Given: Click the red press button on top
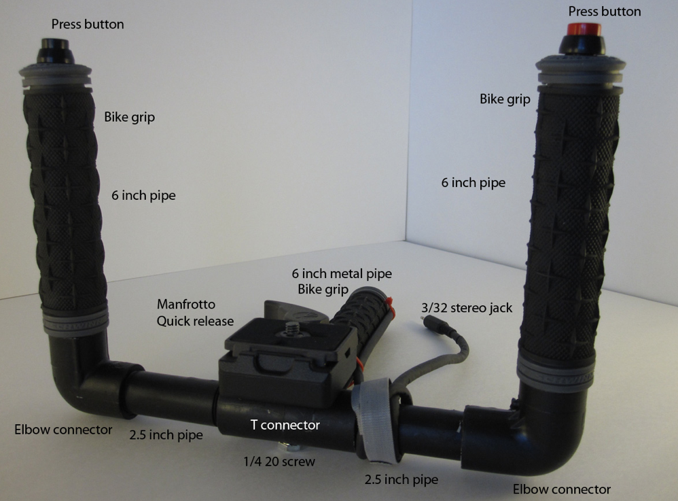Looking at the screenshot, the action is coord(584,29).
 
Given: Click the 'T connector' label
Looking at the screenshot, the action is coord(285,425).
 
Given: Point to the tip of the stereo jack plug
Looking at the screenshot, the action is coord(422,317).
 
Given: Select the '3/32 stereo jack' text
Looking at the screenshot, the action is coord(467,308).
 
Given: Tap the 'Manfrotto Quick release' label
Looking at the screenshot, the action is coord(195,313).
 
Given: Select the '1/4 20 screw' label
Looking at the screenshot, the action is coord(279,462).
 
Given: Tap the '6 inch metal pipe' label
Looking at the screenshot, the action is coord(342,273).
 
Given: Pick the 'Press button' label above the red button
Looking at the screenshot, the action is coord(605,12).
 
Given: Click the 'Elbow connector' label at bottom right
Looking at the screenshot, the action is coord(562,489).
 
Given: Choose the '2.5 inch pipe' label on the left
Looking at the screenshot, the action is coord(166,435).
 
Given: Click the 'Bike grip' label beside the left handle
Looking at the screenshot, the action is coord(129,117).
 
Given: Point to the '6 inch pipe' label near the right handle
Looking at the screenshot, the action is coord(473,183).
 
